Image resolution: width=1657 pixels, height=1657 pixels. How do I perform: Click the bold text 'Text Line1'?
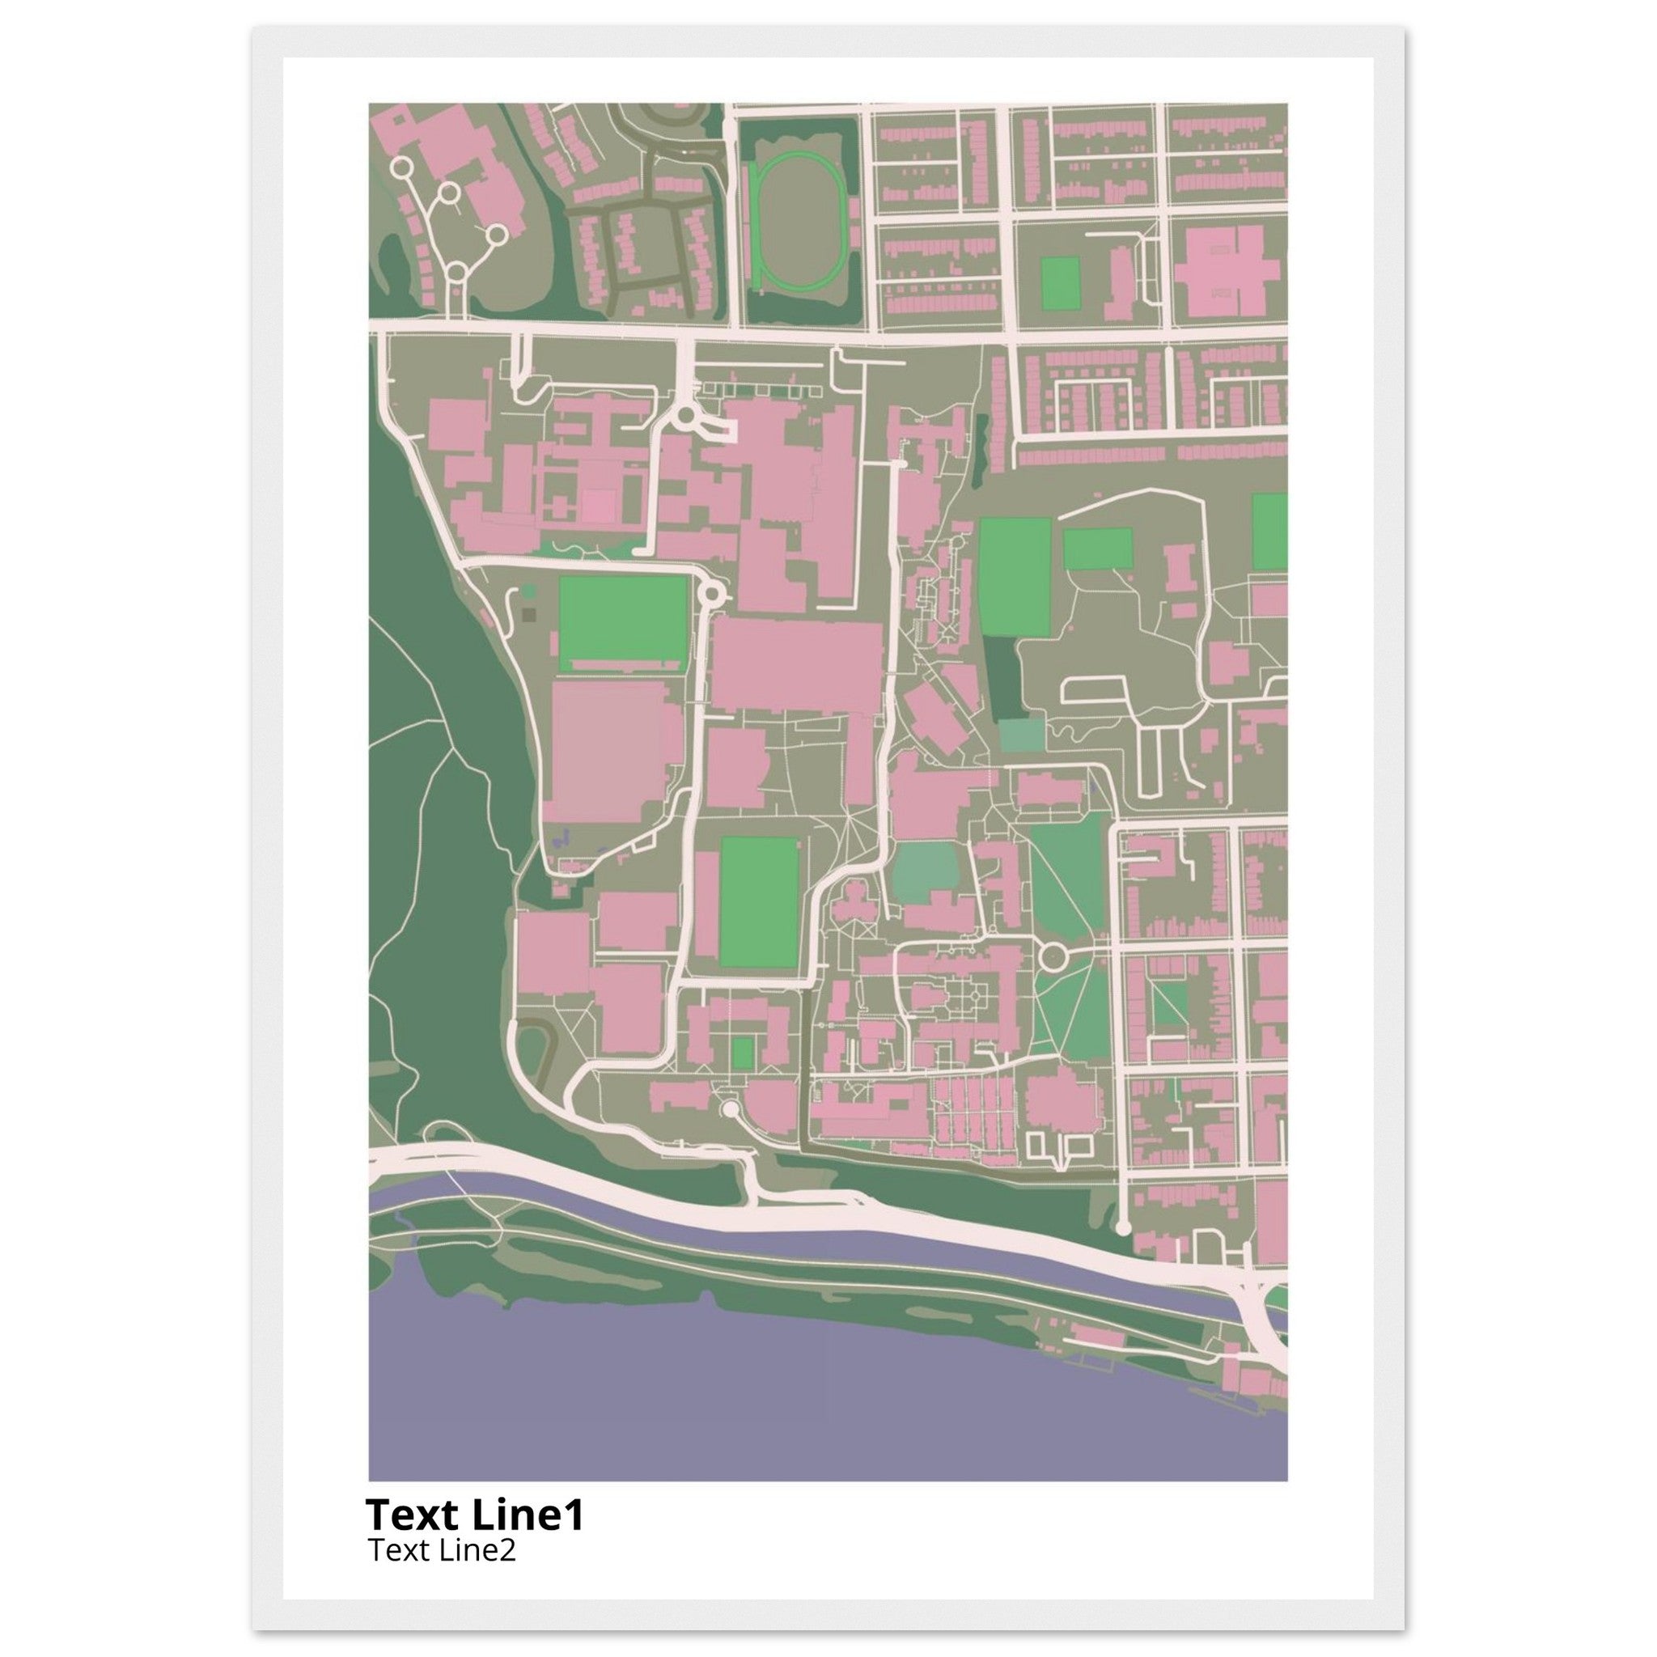pyautogui.click(x=474, y=1514)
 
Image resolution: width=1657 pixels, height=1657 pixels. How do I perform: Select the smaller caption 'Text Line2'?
pyautogui.click(x=442, y=1549)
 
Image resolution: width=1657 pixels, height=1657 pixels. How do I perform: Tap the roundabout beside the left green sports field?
pyautogui.click(x=711, y=592)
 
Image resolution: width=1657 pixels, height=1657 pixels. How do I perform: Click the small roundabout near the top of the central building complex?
pyautogui.click(x=685, y=417)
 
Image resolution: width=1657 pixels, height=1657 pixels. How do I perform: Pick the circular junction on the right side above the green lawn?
pyautogui.click(x=1053, y=954)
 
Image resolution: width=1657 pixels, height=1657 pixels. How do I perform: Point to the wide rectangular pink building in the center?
pyautogui.click(x=796, y=667)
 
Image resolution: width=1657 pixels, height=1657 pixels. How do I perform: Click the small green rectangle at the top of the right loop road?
pyautogui.click(x=1097, y=548)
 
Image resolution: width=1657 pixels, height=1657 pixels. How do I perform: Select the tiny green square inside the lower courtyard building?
pyautogui.click(x=743, y=1053)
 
